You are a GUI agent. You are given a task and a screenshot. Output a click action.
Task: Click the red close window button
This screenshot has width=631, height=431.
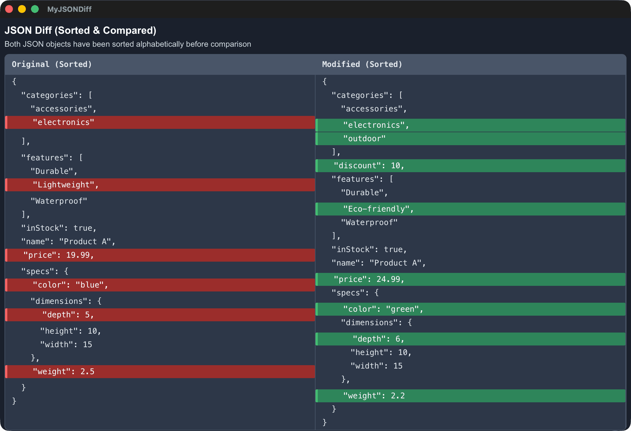(x=9, y=9)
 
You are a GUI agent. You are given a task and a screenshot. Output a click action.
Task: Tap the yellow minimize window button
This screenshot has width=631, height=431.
(x=22, y=9)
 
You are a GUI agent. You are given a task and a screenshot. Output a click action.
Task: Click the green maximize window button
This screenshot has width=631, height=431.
(x=35, y=9)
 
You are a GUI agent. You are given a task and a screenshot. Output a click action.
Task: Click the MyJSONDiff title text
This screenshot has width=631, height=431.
(x=69, y=9)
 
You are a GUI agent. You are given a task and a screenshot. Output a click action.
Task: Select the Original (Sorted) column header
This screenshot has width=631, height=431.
(x=52, y=64)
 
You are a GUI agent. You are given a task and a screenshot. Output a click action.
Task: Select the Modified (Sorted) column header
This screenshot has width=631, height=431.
(x=362, y=64)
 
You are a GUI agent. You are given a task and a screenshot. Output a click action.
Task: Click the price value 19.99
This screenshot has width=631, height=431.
(x=78, y=255)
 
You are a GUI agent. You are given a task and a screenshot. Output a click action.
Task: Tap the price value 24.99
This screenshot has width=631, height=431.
(x=388, y=279)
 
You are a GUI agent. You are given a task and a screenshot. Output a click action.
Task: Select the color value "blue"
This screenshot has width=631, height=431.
(x=90, y=285)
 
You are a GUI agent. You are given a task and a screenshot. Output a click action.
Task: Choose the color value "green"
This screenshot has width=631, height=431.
(x=402, y=309)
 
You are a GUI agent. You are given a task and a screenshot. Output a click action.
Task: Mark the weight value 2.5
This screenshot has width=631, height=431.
(x=87, y=372)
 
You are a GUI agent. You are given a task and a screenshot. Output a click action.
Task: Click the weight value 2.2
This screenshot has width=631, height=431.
(x=398, y=396)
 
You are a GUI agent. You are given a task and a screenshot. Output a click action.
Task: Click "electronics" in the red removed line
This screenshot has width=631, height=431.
(x=63, y=122)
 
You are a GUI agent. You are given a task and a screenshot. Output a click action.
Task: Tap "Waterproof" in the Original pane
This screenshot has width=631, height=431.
(x=59, y=201)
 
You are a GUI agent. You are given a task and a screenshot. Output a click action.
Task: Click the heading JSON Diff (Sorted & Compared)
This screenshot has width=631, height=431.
(x=80, y=30)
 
